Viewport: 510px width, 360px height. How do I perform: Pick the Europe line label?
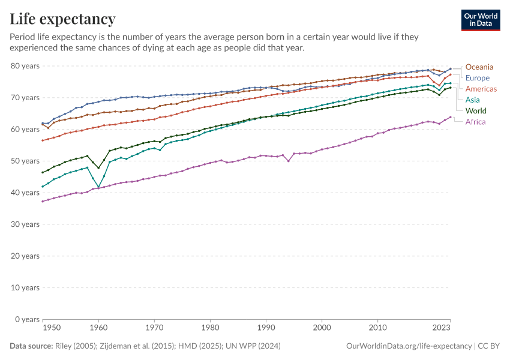[477, 78]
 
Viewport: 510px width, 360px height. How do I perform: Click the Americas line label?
[481, 89]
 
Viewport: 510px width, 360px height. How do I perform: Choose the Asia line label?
[473, 100]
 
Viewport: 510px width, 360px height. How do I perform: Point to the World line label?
[476, 111]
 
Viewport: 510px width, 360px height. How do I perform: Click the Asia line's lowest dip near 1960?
[99, 187]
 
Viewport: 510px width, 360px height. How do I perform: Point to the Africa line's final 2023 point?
[450, 117]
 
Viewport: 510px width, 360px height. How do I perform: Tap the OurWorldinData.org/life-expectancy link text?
[409, 346]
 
